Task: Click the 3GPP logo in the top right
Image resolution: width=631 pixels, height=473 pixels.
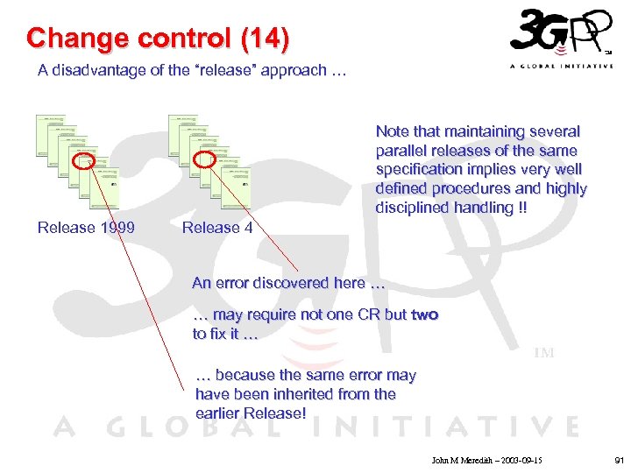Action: [x=559, y=35]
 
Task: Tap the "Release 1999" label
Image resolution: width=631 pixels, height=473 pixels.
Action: [x=86, y=228]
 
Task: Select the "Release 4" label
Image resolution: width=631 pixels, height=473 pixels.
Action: [x=217, y=228]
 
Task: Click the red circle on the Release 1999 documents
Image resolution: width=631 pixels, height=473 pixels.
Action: [x=83, y=161]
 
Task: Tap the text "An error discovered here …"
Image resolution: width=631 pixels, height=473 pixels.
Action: [x=287, y=283]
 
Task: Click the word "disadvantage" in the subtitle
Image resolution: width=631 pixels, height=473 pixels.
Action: [x=97, y=70]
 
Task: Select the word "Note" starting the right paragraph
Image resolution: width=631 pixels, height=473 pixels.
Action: [x=392, y=131]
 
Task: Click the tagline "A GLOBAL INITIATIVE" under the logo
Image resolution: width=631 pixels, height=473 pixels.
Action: [x=561, y=67]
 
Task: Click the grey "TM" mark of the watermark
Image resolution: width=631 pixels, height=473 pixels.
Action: [x=544, y=353]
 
